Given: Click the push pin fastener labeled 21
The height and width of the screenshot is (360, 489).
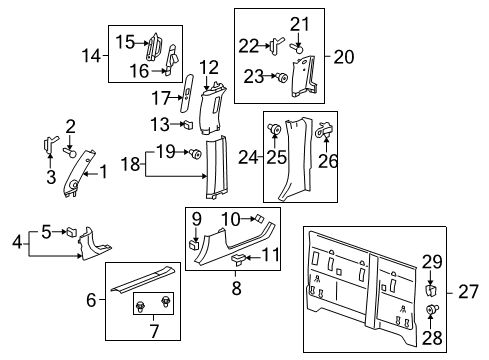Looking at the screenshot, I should tap(298, 43).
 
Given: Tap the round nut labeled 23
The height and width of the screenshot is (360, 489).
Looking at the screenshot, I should tap(282, 77).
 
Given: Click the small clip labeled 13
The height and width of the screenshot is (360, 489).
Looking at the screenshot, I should tap(188, 125).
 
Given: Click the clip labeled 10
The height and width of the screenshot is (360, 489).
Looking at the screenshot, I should tap(257, 244).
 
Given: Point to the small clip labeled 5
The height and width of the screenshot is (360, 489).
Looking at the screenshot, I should tap(72, 233).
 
